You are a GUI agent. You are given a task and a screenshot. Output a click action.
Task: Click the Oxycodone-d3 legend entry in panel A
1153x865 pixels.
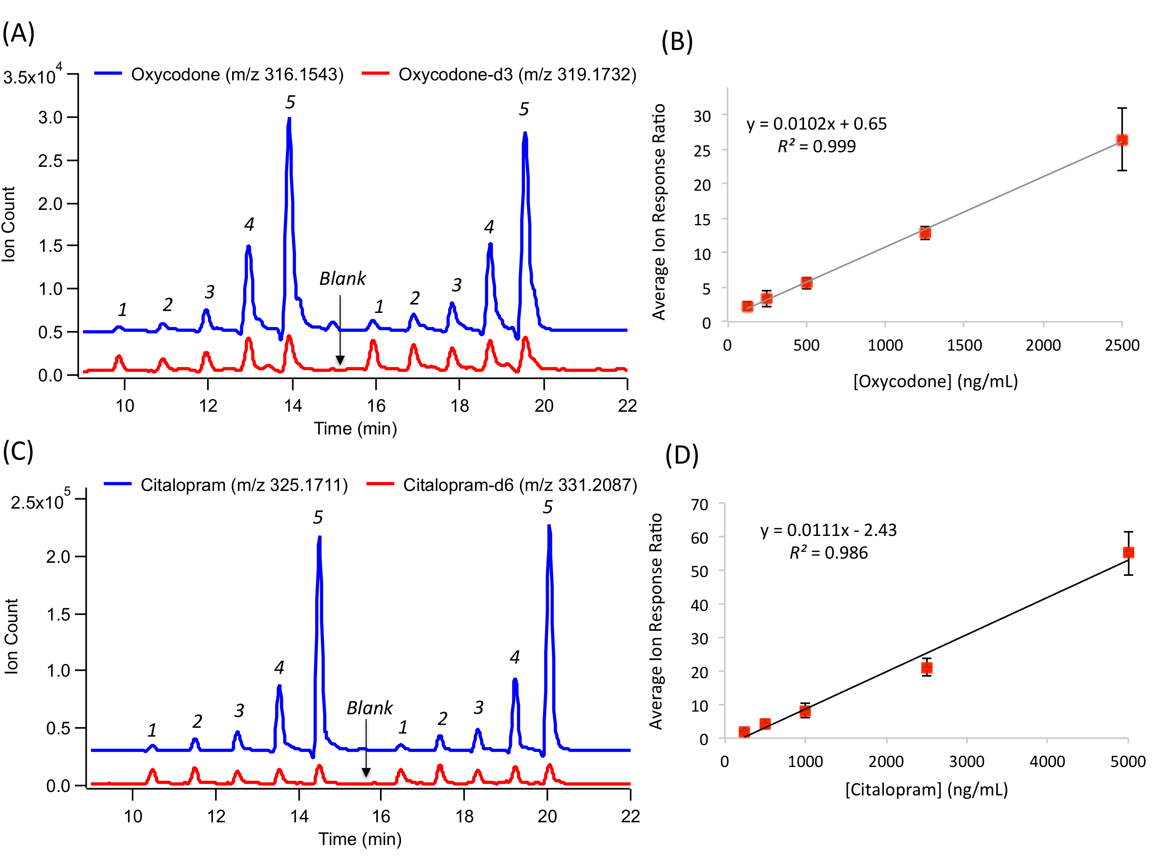tap(517, 75)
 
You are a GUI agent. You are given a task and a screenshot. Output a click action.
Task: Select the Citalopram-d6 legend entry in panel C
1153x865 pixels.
tap(520, 485)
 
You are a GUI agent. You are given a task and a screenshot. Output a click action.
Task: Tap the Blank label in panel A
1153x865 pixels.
tap(342, 279)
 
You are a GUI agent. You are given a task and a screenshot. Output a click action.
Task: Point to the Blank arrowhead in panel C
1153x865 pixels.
tap(366, 772)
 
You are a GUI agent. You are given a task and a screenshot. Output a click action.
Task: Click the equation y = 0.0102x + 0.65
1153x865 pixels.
tap(816, 124)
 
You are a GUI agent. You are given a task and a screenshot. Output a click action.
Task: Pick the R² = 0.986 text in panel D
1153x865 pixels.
tap(828, 553)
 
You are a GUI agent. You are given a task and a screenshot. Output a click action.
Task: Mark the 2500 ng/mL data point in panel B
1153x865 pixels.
tap(1122, 140)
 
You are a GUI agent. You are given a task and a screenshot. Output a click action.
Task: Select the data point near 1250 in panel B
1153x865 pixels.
tap(925, 233)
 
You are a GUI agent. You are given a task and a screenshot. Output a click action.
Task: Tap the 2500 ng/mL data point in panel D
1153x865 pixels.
tap(926, 668)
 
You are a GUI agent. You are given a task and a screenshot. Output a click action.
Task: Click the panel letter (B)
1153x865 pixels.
tap(677, 42)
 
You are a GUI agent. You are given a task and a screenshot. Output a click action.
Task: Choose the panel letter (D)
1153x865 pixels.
tap(682, 455)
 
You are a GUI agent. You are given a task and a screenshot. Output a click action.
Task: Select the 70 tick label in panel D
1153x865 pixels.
tap(699, 505)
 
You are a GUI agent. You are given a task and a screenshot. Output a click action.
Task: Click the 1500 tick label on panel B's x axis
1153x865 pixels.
tap(964, 345)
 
